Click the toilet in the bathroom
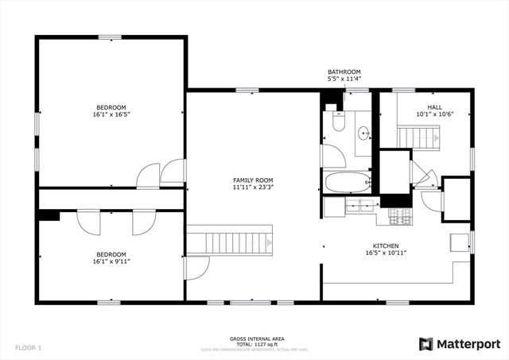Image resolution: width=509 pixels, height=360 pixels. coord(337,122)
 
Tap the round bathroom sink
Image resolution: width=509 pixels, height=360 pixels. coord(363,134)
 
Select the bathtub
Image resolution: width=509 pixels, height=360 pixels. coord(348,183)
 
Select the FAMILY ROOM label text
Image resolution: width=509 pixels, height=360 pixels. coord(253,180)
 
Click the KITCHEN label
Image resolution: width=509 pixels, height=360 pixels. coord(387,246)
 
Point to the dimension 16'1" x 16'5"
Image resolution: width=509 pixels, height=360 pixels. coord(111,114)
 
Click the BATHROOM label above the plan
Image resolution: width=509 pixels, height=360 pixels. coord(344,72)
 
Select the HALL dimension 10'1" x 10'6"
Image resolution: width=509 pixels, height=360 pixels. coord(434,114)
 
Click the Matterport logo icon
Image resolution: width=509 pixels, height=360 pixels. coord(426,343)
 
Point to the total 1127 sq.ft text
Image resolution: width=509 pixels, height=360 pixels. coord(254,345)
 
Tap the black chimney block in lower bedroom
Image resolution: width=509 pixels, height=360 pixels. coord(48,215)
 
